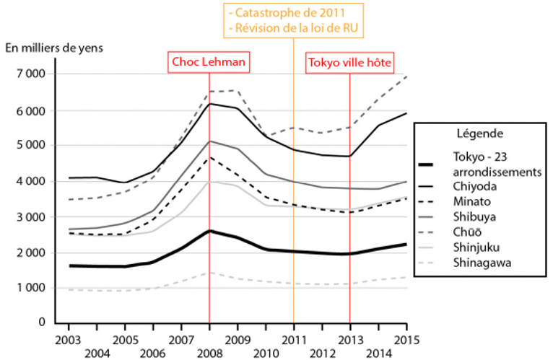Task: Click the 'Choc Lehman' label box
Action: (x=209, y=63)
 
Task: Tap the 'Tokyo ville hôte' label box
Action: (x=350, y=63)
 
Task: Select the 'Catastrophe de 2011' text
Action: (x=294, y=12)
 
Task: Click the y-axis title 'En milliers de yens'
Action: (x=55, y=48)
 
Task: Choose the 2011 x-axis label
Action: (x=294, y=338)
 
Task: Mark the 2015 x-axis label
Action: (x=406, y=338)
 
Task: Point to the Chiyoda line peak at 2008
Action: (x=209, y=104)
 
